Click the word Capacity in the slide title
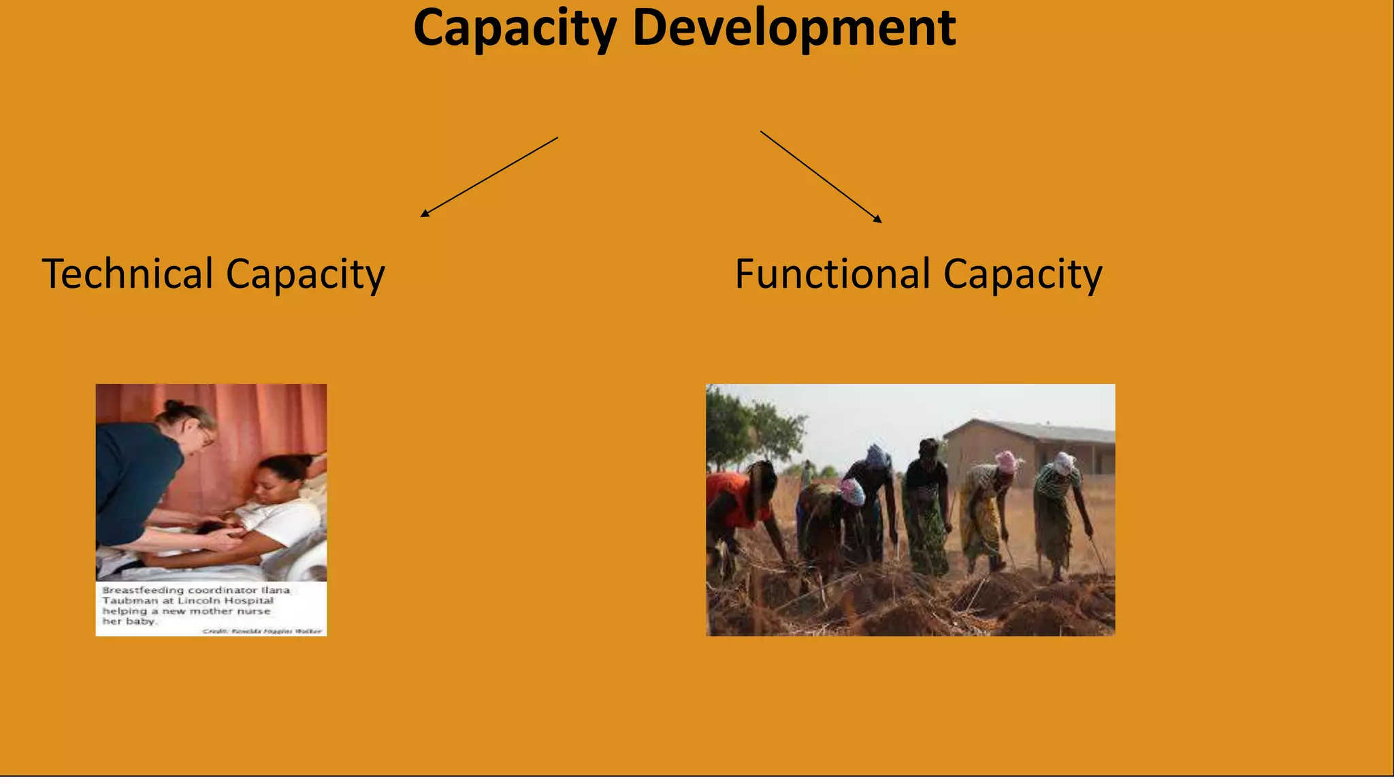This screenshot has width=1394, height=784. click(515, 29)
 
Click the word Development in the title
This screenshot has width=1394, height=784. click(794, 29)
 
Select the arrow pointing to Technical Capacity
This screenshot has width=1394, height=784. click(489, 177)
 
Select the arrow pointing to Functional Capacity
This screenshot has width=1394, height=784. click(821, 176)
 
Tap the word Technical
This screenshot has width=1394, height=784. click(128, 274)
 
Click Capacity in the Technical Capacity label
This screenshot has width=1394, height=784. click(305, 275)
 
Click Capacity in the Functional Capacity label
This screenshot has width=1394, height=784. click(1022, 275)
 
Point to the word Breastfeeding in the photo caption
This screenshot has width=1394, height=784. click(143, 590)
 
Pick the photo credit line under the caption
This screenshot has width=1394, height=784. click(261, 632)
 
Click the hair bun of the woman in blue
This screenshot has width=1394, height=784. click(175, 406)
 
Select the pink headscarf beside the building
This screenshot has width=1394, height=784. click(1006, 461)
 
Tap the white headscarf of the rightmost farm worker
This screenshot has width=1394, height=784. click(1063, 463)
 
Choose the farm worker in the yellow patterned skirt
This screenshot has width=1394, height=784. click(980, 517)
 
